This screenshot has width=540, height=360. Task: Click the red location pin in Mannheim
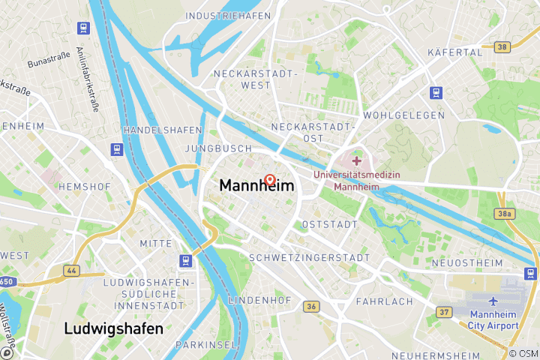(x=270, y=181)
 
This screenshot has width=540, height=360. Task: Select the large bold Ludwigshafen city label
(x=113, y=328)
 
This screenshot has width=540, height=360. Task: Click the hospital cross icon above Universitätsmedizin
(x=356, y=161)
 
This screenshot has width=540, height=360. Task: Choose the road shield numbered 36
(x=311, y=306)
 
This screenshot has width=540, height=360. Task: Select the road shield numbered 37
(x=445, y=312)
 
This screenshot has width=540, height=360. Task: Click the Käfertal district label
(x=454, y=52)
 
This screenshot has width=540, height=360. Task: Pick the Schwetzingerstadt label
(x=309, y=257)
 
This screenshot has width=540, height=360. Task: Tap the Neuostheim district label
(x=466, y=263)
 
